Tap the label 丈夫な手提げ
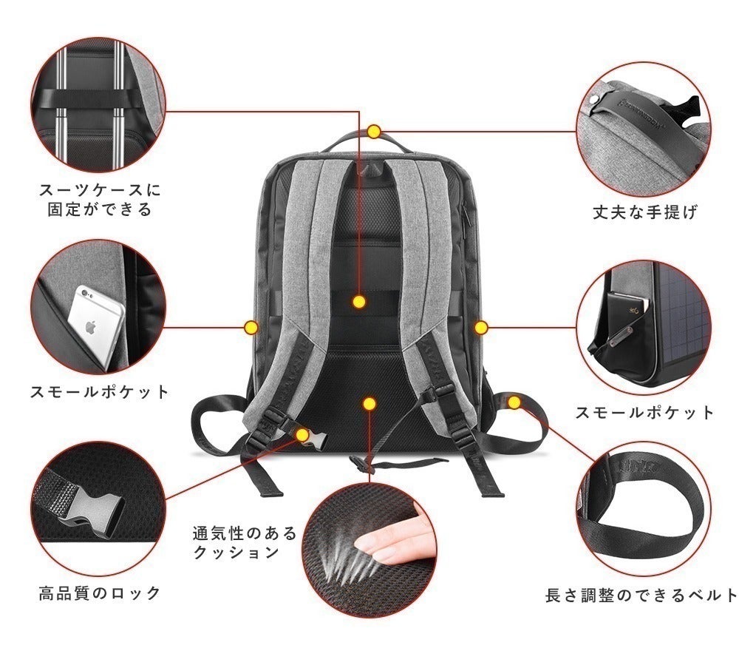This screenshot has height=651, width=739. point(645,213)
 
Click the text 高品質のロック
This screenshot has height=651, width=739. point(100,593)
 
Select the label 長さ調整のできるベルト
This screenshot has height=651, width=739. point(641,595)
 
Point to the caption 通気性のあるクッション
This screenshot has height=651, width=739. point(244,542)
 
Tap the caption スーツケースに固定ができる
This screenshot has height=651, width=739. point(100,200)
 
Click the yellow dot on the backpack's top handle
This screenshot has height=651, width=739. point(374,132)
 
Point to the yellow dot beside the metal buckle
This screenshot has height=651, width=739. point(302,434)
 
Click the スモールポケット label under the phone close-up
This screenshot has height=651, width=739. point(100,391)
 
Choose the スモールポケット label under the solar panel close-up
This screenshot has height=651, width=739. point(645,412)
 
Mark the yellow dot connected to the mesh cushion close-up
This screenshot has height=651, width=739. point(369,403)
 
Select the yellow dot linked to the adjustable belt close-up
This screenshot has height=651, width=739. point(515,402)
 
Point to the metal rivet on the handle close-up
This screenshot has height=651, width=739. point(595,99)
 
